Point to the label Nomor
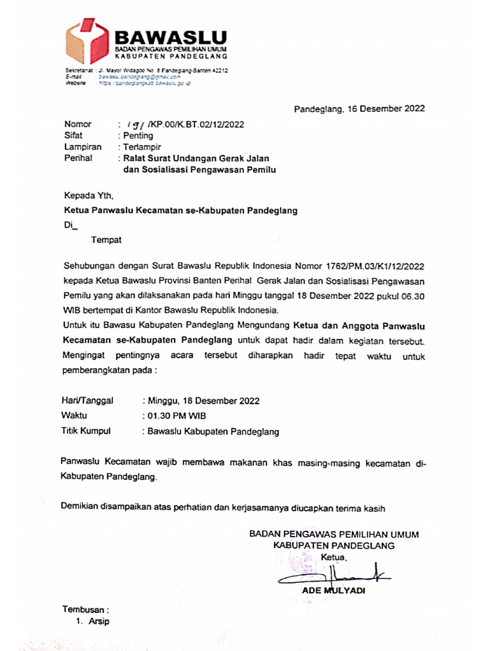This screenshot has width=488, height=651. pyautogui.click(x=78, y=125)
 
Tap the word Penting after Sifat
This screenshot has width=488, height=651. pyautogui.click(x=139, y=135)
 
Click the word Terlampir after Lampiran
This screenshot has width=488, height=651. pyautogui.click(x=142, y=147)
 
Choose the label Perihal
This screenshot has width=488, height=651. pyautogui.click(x=79, y=158)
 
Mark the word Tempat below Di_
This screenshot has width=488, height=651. pyautogui.click(x=106, y=240)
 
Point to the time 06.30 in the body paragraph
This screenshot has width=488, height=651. pyautogui.click(x=411, y=296)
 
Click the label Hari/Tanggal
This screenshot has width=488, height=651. pyautogui.click(x=87, y=401)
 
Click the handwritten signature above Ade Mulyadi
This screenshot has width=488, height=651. pyautogui.click(x=334, y=575)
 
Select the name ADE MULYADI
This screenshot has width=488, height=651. pyautogui.click(x=334, y=591)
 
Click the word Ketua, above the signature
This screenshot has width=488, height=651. pyautogui.click(x=334, y=558)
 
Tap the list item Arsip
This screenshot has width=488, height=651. pyautogui.click(x=99, y=621)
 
